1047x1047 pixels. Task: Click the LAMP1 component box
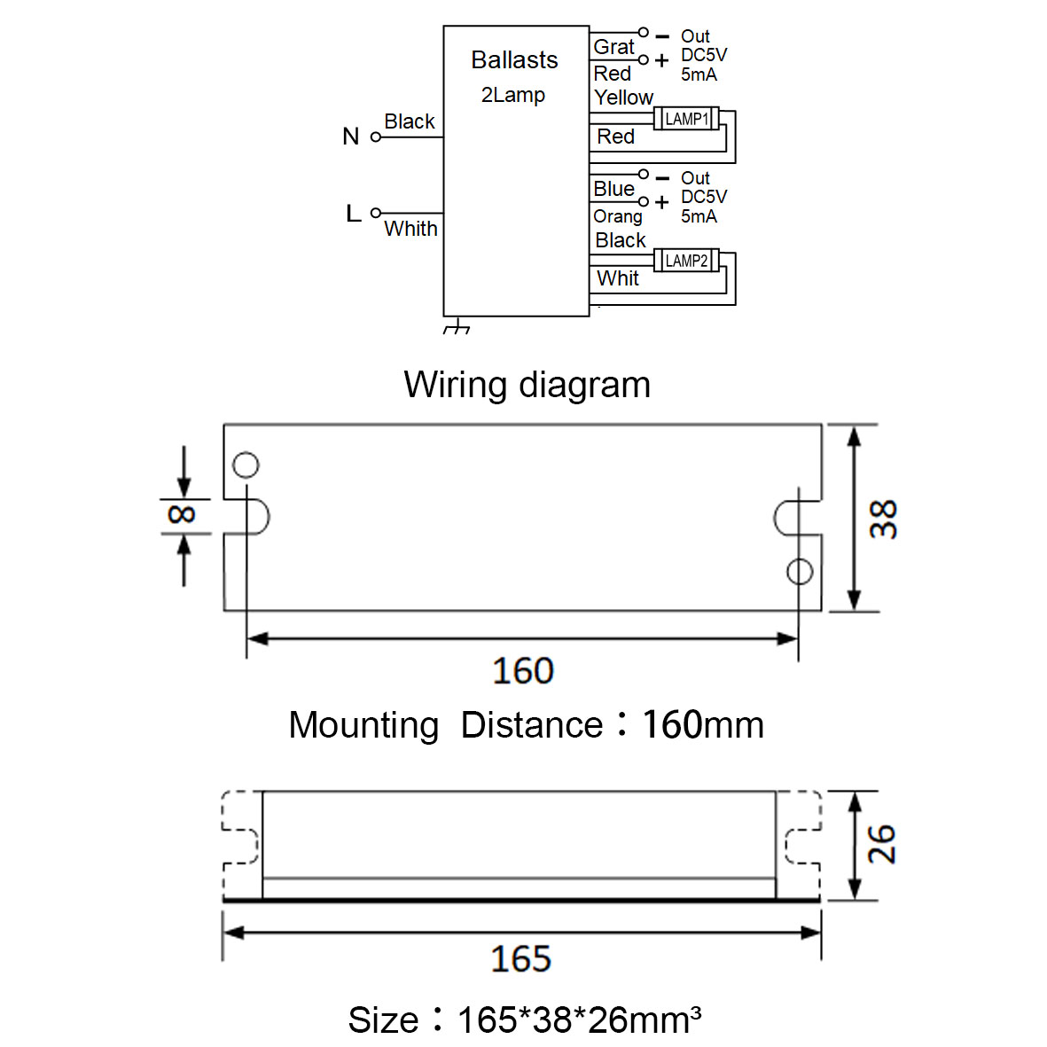(x=686, y=119)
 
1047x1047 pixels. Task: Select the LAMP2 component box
(x=686, y=261)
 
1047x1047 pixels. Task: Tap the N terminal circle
(x=376, y=137)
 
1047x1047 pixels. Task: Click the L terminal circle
(x=376, y=213)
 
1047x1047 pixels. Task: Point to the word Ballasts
(x=514, y=60)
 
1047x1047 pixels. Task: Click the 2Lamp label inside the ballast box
(x=512, y=96)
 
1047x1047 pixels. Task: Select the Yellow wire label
(x=623, y=98)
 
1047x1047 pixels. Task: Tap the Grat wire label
(x=613, y=47)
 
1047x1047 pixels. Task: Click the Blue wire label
(x=613, y=189)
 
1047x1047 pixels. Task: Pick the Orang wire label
(x=618, y=216)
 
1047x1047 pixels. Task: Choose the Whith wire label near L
(x=410, y=229)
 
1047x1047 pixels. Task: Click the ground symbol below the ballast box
(x=457, y=326)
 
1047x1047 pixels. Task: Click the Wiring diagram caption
(x=527, y=385)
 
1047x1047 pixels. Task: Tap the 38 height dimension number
(x=883, y=519)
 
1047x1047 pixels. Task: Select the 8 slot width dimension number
(x=182, y=514)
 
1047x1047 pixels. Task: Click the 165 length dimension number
(x=520, y=959)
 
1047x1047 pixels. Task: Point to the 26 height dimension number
(x=881, y=844)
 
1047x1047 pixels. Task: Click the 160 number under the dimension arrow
(x=523, y=670)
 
